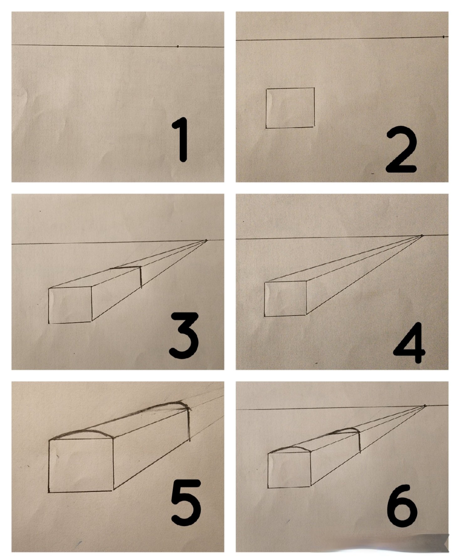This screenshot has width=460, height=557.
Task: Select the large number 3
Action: (184, 336)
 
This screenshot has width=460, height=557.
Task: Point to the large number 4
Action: (410, 343)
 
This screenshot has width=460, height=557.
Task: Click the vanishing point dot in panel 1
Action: (178, 47)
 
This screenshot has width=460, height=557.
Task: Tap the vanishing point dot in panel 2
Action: (443, 37)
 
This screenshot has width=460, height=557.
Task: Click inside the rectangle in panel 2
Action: (290, 108)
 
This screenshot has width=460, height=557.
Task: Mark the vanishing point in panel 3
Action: (206, 240)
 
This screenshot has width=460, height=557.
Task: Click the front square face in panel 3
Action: (70, 305)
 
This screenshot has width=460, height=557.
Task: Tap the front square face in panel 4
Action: (285, 298)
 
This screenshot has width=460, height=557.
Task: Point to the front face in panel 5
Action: (81, 465)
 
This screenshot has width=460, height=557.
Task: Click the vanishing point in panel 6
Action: (425, 406)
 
